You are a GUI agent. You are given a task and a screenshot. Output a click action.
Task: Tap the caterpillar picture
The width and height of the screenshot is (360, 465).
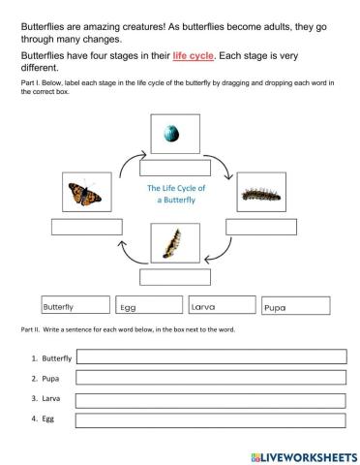pyautogui.click(x=259, y=193)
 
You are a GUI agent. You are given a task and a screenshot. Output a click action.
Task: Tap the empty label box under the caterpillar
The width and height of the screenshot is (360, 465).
pyautogui.click(x=260, y=227)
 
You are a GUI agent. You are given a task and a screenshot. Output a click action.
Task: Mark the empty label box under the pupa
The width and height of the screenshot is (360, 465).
pyautogui.click(x=175, y=277)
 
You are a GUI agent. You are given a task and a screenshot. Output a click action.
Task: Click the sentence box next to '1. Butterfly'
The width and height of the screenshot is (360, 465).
pyautogui.click(x=211, y=356)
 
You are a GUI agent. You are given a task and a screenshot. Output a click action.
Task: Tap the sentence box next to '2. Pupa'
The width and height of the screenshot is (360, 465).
pyautogui.click(x=211, y=378)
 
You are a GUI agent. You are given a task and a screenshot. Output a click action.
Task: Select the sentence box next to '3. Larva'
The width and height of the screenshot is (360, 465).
pyautogui.click(x=211, y=399)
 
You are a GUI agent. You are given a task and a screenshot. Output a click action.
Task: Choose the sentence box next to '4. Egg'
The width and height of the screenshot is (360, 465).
pyautogui.click(x=211, y=420)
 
